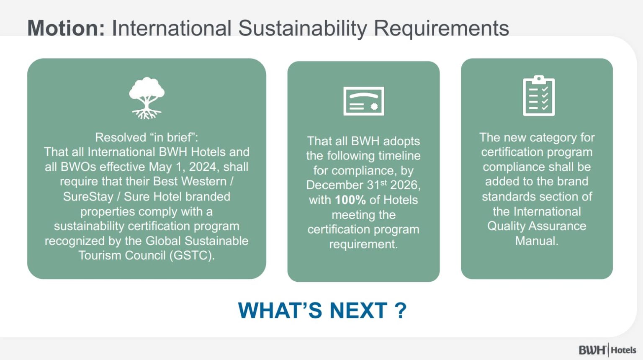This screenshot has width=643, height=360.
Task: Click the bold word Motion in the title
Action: tap(66, 28)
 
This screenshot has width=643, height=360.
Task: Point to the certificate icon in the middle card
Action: tap(364, 101)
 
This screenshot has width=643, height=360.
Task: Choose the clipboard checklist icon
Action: tap(539, 95)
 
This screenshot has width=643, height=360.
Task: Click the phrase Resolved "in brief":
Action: tap(147, 138)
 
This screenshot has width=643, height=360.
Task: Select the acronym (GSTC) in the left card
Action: tap(192, 255)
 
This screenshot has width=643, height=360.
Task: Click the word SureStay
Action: tap(88, 197)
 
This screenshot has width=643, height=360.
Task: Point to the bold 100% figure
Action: tap(350, 200)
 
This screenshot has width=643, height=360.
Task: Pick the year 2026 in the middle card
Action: tap(405, 185)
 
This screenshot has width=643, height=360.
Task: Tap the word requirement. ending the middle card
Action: tap(363, 244)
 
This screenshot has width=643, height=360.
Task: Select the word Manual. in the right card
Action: tap(537, 241)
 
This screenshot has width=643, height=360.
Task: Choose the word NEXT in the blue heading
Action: tap(358, 310)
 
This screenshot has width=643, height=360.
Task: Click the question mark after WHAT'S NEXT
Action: tap(401, 310)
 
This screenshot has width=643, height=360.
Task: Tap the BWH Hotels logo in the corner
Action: tap(607, 350)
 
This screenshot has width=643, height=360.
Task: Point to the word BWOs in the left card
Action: tap(78, 167)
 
